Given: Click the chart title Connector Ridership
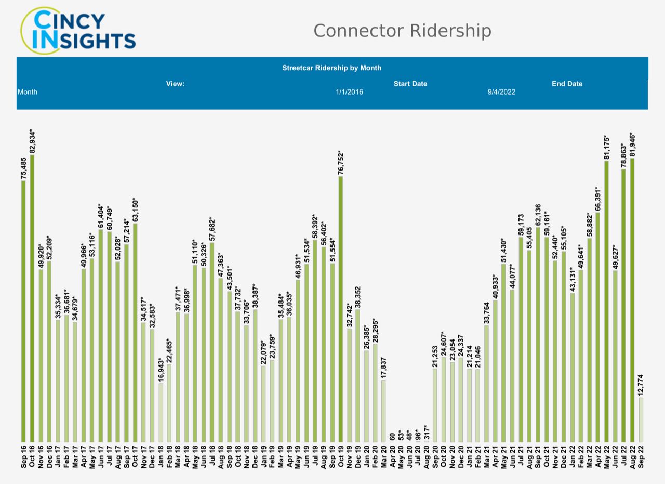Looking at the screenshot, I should [402, 31].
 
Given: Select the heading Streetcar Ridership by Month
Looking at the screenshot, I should [331, 68].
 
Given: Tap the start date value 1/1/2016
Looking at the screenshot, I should [350, 92].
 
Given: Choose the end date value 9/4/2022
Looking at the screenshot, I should [501, 92].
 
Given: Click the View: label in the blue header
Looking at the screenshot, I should [175, 84].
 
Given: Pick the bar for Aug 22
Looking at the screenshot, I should [632, 299].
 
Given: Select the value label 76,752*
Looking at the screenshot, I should [341, 162].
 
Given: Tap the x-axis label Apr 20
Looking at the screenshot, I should [392, 456].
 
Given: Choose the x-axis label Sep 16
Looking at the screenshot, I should [24, 456].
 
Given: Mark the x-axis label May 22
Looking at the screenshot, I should [606, 456].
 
